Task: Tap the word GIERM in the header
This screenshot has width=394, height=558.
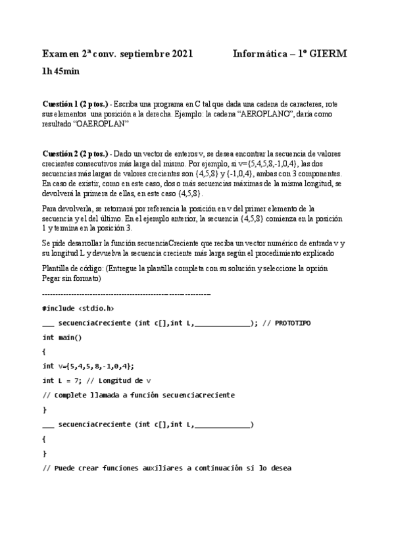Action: click(x=329, y=55)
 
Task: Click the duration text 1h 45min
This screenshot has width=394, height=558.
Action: click(x=61, y=71)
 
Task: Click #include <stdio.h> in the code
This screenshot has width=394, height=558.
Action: click(x=78, y=309)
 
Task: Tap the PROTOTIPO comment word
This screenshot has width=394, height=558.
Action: click(x=293, y=324)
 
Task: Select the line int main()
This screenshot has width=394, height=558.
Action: click(x=62, y=338)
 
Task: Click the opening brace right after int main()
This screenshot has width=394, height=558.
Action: click(x=44, y=352)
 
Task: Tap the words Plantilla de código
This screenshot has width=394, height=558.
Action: click(x=72, y=268)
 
